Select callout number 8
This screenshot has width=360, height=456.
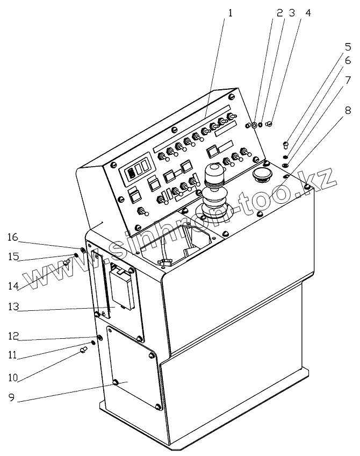point(348,111)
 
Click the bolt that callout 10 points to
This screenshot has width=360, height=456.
point(83,350)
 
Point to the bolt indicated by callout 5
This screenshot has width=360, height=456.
point(285,144)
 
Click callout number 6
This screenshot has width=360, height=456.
point(348,61)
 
